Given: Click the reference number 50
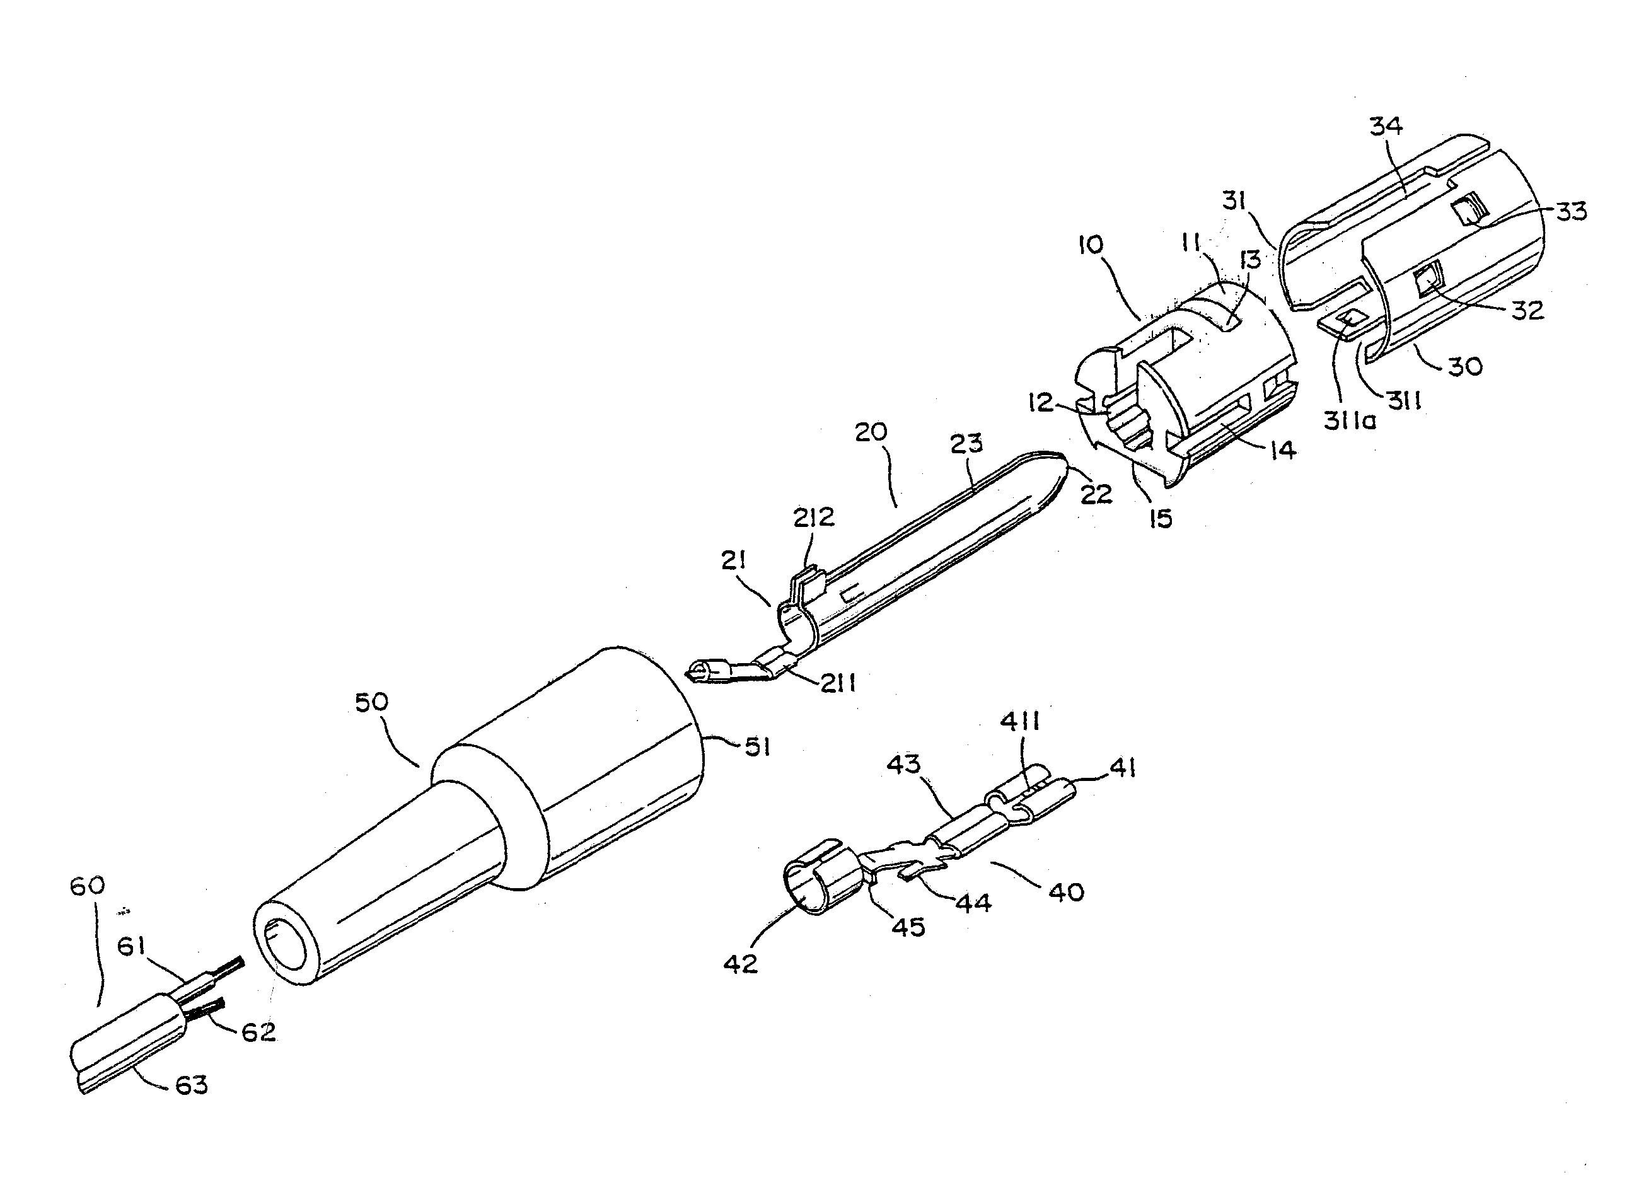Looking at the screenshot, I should [x=371, y=702].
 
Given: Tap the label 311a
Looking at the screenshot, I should [x=1349, y=420].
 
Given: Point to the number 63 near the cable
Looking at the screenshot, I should [x=191, y=1085].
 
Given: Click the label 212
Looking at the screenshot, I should [x=814, y=517].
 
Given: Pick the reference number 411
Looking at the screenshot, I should [x=1020, y=722].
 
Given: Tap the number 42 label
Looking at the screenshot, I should [x=740, y=963].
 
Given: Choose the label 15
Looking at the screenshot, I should [x=1160, y=518].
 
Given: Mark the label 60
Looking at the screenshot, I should [x=87, y=885].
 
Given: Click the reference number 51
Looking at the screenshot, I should [x=758, y=747].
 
